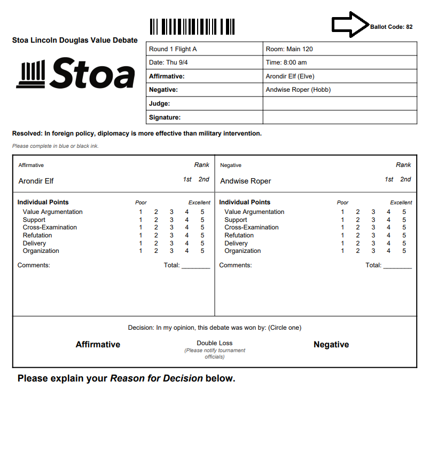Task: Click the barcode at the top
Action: point(192,27)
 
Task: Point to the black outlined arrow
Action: point(350,25)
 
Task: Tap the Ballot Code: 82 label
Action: point(392,27)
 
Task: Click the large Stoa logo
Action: point(76,74)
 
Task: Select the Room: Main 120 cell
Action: point(340,49)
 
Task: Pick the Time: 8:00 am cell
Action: point(340,62)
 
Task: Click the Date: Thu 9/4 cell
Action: point(204,62)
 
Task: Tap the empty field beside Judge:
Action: point(340,104)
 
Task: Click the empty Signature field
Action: point(340,117)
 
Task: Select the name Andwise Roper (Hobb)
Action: point(298,90)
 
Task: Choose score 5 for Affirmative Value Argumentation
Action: point(202,212)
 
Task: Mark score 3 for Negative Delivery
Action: point(373,243)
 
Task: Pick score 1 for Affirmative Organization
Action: point(140,251)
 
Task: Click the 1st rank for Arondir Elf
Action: point(187,179)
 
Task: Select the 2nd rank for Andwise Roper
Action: point(406,179)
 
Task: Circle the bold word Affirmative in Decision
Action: point(98,345)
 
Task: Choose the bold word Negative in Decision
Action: point(331,345)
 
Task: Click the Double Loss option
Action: point(215,343)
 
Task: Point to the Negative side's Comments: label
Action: point(235,265)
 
